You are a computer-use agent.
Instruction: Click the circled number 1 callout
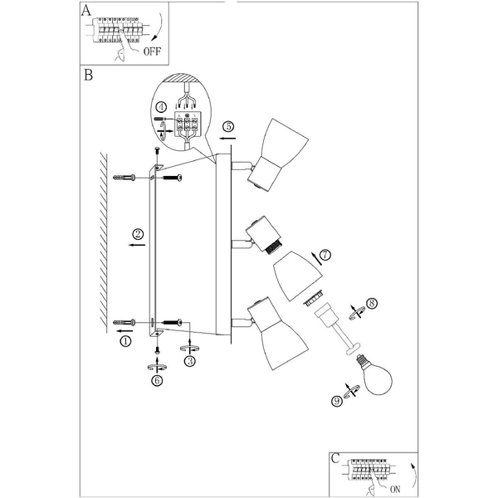click(125, 340)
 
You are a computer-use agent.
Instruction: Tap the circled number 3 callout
click(190, 360)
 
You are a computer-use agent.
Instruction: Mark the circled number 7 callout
click(325, 255)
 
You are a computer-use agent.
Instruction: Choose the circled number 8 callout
click(372, 304)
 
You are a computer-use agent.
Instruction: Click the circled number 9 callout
click(336, 402)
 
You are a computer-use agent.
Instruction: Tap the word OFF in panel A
click(152, 51)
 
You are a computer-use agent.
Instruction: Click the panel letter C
click(334, 458)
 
